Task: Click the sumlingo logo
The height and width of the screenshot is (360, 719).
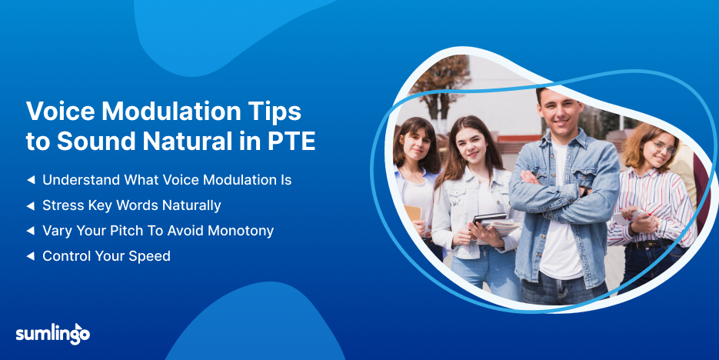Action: (53, 334)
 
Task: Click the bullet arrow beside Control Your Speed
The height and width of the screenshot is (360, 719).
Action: (31, 256)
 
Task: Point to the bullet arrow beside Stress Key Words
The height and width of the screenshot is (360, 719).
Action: (31, 206)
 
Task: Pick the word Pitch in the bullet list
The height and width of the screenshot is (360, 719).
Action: (128, 231)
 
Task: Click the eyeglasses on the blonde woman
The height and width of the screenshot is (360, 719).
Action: (664, 147)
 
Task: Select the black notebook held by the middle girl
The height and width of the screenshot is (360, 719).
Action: (490, 218)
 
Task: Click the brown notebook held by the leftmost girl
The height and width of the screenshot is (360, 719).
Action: (413, 213)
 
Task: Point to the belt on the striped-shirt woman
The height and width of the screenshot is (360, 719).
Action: (651, 245)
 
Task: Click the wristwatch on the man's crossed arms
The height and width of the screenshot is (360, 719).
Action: (584, 191)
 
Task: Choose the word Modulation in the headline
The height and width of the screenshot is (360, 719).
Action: (172, 112)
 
